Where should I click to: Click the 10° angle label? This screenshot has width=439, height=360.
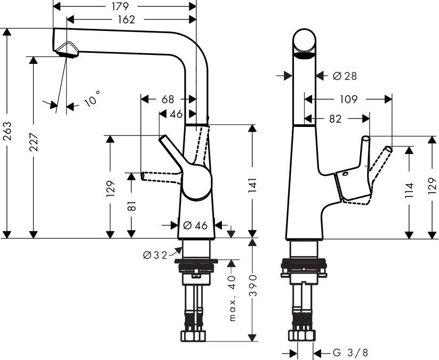point(91,100)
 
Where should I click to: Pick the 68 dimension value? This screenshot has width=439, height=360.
point(167,99)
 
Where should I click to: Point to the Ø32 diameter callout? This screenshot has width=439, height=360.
point(155,255)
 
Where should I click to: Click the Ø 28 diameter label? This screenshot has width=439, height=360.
point(344,76)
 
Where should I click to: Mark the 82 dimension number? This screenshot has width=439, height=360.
point(335,119)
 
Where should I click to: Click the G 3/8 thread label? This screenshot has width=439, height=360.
point(350,353)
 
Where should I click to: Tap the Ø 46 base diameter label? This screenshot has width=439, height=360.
point(195,225)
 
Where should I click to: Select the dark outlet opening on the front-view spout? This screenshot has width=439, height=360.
point(305,56)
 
